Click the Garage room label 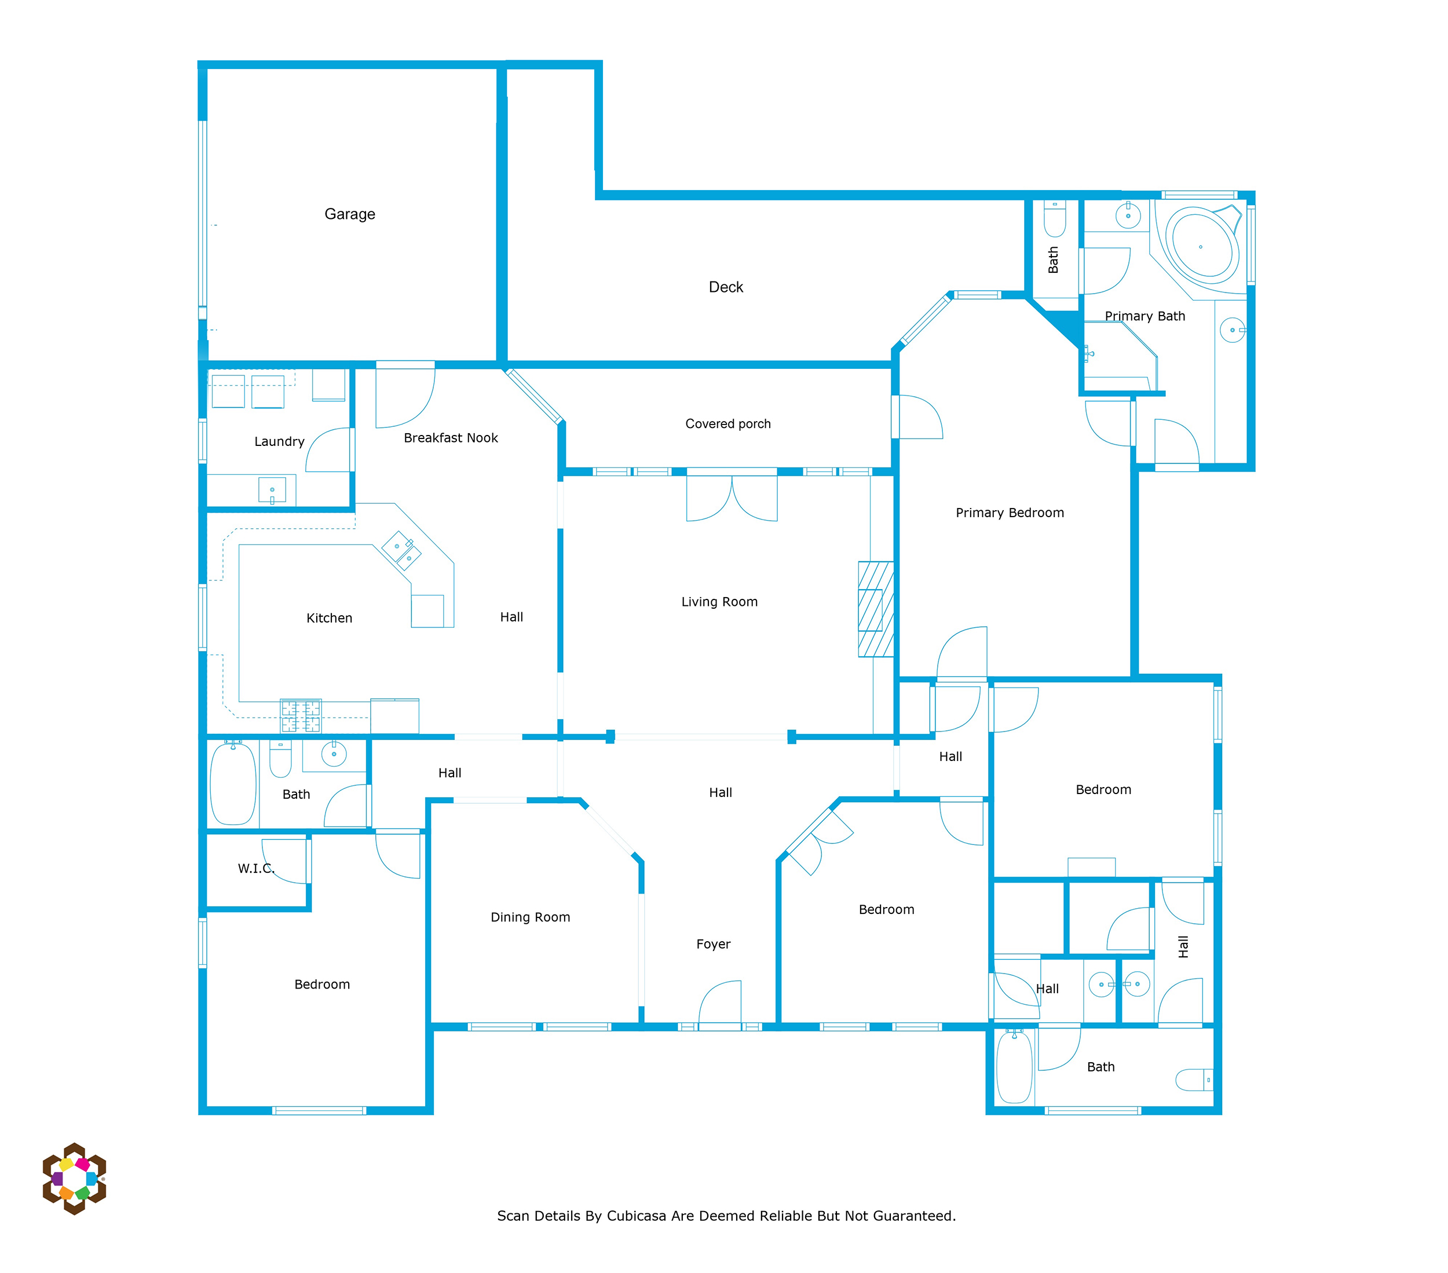[349, 214]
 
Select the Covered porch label [727, 423]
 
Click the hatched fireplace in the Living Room [876, 609]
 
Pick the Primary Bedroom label [1010, 512]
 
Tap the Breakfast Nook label [451, 438]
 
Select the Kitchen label [329, 618]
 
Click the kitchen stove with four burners [301, 715]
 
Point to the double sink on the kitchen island [401, 550]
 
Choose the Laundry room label [279, 441]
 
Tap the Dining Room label [530, 917]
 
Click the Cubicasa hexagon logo [74, 1179]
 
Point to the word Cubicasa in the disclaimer [636, 1216]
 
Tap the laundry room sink [272, 490]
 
